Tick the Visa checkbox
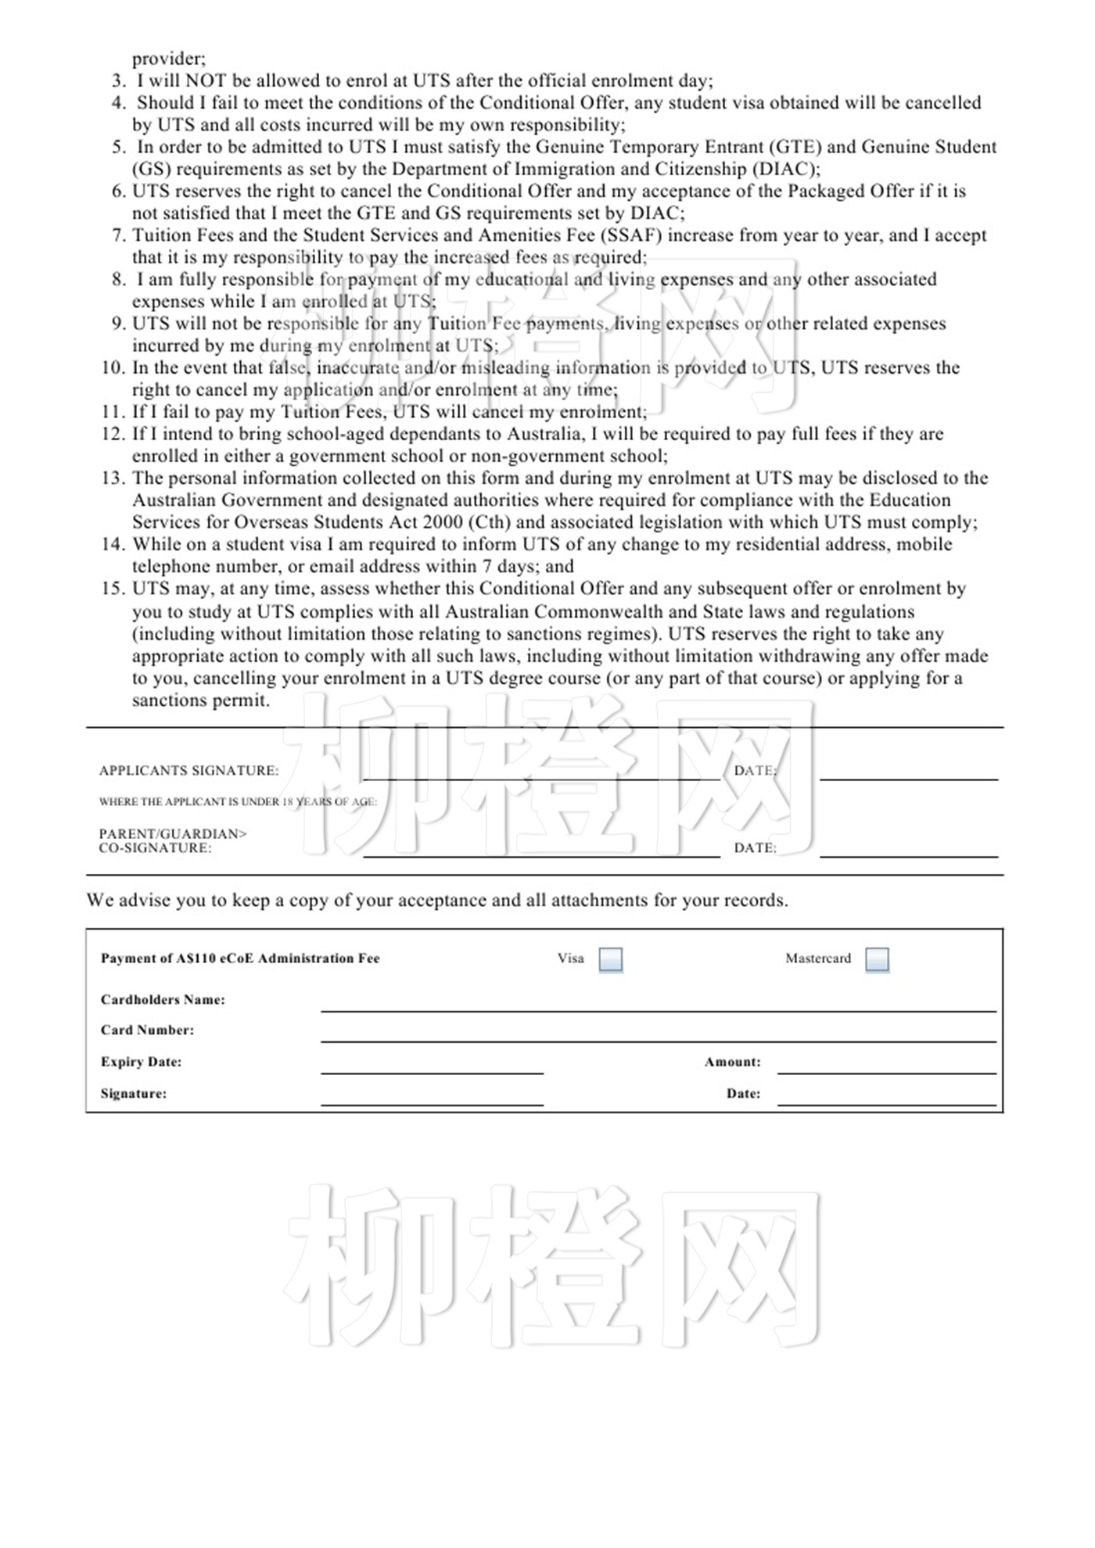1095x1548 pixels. pos(610,959)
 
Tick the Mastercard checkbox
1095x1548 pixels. pos(877,959)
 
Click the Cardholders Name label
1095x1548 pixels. pos(163,1000)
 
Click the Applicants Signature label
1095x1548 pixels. pos(188,771)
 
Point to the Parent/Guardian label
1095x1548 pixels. pos(173,834)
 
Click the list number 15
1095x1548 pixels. pos(113,589)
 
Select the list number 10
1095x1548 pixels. pos(113,368)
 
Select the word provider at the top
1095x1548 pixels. pos(168,59)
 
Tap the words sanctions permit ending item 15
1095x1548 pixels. pos(200,701)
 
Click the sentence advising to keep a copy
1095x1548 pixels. pos(436,901)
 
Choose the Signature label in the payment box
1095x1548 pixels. pos(133,1094)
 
